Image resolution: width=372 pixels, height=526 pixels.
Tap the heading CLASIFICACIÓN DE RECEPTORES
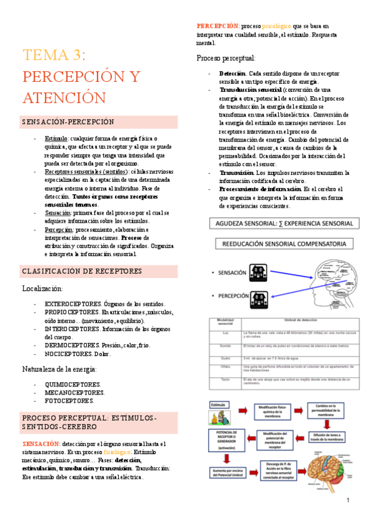coord(82,271)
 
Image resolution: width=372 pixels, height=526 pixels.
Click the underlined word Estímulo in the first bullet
coord(57,139)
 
